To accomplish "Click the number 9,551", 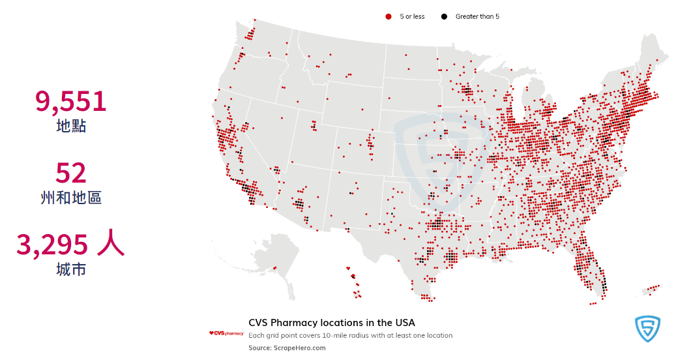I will [70, 102].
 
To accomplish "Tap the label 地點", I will [71, 126].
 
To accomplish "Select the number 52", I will [71, 173].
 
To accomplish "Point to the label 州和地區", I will [71, 198].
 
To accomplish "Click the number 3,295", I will [52, 245].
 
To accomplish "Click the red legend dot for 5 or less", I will [389, 16].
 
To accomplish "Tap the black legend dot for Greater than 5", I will [445, 16].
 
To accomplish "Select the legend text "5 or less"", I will [412, 16].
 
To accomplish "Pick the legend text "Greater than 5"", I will [477, 16].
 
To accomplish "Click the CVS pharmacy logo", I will [226, 333].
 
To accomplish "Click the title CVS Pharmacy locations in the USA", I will [331, 323].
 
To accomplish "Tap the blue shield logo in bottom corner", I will [647, 329].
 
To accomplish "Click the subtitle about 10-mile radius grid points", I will [350, 335].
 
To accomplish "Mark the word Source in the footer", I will [259, 348].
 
